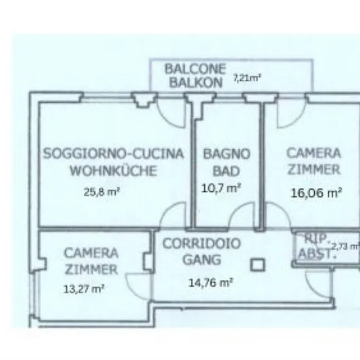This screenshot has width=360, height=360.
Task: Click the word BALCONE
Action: (196, 69)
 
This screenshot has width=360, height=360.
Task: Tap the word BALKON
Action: (196, 82)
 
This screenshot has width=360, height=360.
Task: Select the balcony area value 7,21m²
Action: (247, 78)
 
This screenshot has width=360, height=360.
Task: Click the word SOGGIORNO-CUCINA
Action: (114, 154)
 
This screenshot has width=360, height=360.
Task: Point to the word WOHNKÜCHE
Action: (113, 170)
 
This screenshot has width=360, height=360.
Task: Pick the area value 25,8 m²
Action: (101, 192)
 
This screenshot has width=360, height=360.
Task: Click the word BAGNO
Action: (227, 154)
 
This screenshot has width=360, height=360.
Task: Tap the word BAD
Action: (226, 171)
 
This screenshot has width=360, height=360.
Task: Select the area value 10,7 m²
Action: (221, 189)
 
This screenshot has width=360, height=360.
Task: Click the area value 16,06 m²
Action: (317, 193)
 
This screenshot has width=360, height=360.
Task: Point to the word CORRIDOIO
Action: (202, 243)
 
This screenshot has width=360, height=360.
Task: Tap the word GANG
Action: (202, 260)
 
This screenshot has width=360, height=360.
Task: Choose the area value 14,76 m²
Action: (211, 283)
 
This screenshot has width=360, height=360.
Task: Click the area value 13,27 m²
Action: (84, 289)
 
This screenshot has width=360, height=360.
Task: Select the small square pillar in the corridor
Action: (257, 264)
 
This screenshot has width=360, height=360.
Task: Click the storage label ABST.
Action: (315, 254)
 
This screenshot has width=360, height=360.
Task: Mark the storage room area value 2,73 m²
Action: (346, 247)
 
